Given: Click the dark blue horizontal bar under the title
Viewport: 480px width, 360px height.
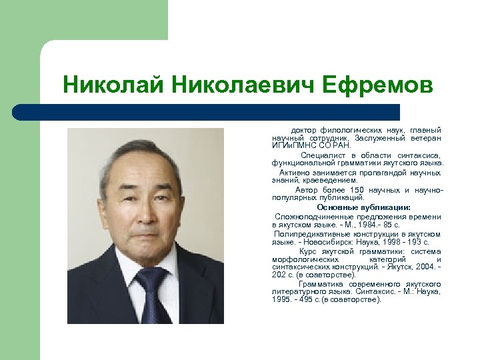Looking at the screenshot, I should point(207,111).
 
